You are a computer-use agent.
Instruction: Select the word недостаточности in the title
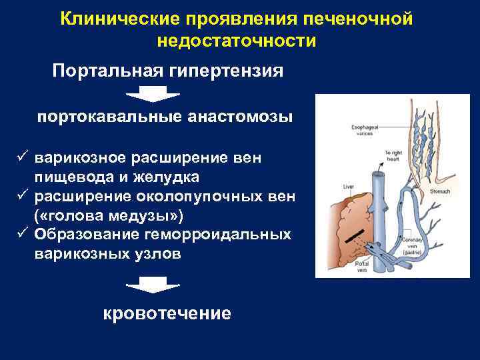[x=237, y=41]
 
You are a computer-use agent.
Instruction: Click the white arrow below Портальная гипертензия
[x=153, y=93]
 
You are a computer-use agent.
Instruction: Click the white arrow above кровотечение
[x=153, y=285]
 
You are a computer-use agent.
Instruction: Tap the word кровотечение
[x=167, y=313]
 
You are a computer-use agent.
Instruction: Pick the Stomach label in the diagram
[x=440, y=191]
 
